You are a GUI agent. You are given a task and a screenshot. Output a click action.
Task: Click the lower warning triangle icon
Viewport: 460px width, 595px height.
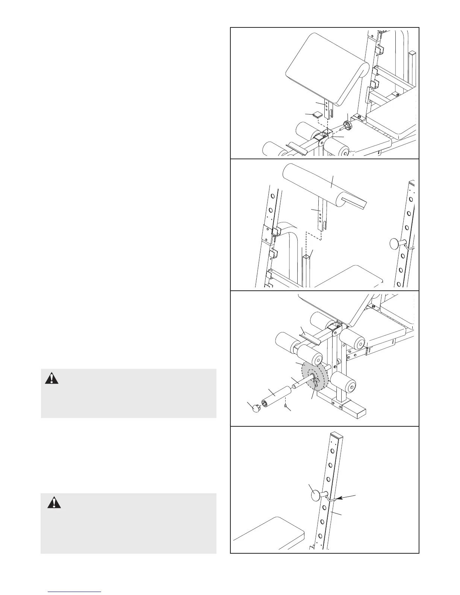54,502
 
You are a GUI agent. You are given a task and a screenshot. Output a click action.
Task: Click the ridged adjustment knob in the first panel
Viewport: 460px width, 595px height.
348,127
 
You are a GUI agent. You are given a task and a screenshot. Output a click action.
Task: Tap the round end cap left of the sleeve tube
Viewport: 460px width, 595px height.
255,408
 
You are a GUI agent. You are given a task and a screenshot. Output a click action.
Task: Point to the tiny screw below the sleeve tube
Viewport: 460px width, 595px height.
286,406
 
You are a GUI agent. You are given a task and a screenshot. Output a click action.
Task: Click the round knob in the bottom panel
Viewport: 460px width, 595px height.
318,495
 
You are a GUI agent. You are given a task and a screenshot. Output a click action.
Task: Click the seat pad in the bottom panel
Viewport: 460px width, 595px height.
269,535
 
